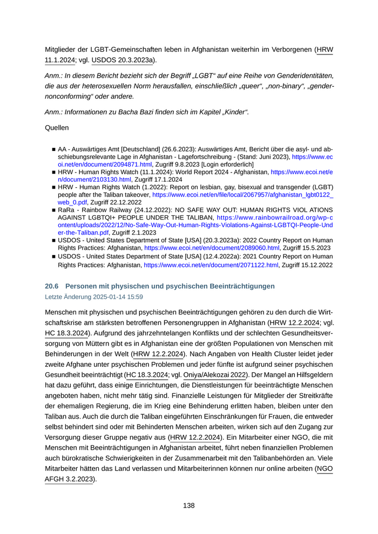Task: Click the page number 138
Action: click(188, 505)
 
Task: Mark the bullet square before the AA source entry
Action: click(53, 148)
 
